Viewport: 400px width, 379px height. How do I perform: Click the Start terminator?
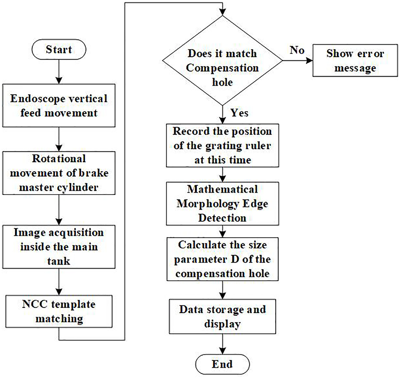[59, 49]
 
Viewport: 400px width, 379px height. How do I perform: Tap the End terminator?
[222, 364]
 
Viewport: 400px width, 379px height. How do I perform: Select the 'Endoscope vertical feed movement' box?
[59, 105]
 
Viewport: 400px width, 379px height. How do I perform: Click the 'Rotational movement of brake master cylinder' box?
[59, 173]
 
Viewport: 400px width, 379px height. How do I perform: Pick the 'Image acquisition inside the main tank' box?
[59, 247]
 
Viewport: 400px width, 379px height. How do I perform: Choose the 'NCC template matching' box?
[59, 311]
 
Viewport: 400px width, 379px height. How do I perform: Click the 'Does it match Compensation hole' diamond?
[222, 60]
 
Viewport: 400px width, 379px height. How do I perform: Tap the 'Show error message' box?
[355, 60]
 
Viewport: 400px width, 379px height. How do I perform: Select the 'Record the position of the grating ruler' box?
[222, 145]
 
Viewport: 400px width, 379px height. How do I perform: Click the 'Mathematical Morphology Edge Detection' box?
[222, 204]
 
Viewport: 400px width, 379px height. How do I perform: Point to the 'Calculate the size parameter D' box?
[222, 259]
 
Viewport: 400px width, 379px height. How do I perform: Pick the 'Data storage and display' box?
[222, 316]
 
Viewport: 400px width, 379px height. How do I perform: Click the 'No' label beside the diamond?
[297, 50]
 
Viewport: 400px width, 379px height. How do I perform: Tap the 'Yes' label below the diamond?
[239, 113]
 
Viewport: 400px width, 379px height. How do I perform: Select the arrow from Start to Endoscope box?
[59, 72]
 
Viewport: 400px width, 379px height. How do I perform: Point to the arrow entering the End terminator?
[222, 344]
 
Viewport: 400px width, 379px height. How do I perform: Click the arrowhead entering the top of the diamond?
[222, 12]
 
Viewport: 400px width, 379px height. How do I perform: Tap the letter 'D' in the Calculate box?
[235, 259]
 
